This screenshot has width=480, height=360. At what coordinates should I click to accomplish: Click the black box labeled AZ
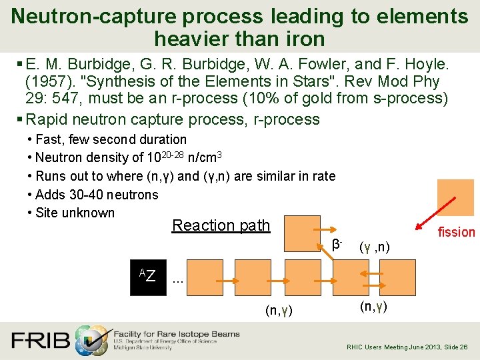click(x=147, y=276)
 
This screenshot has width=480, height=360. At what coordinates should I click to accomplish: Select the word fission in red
click(x=456, y=232)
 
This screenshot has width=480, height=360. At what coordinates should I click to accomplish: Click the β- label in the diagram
click(x=337, y=244)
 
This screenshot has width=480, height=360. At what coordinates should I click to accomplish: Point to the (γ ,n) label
click(x=374, y=249)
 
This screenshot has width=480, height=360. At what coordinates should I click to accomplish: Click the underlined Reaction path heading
click(x=221, y=225)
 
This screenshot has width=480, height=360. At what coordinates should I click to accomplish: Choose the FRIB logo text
click(x=40, y=340)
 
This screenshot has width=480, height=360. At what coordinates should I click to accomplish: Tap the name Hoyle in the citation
click(x=423, y=65)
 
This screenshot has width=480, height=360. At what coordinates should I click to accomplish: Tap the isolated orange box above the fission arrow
click(x=455, y=197)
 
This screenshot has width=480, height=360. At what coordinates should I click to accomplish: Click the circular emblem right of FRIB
click(x=91, y=340)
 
